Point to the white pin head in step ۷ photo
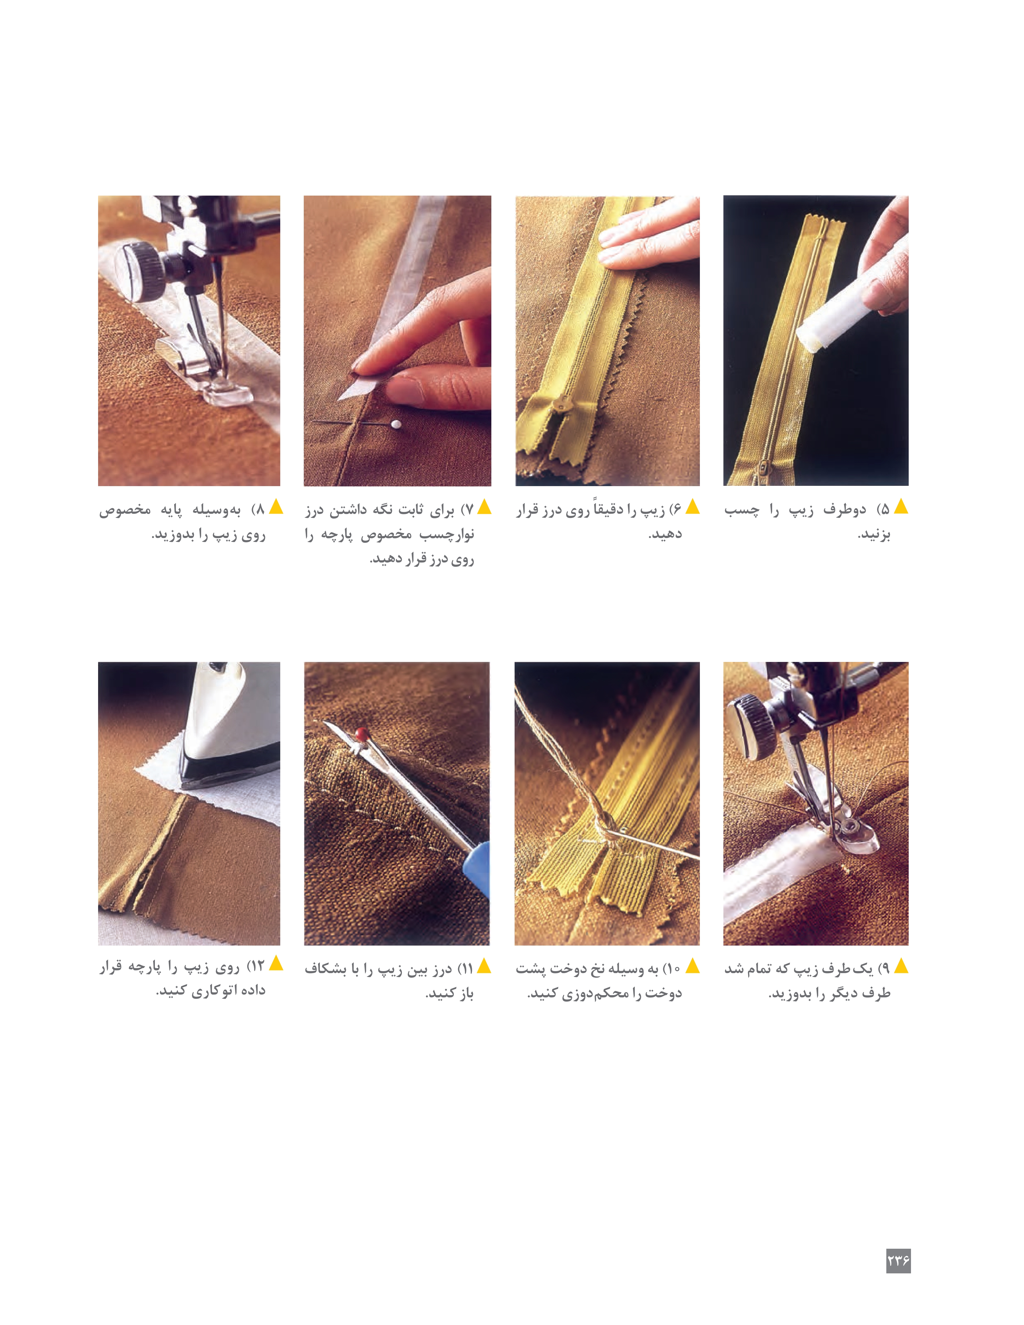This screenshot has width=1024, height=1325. (396, 424)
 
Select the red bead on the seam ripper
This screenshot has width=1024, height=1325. (361, 734)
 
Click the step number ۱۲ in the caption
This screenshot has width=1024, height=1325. (256, 967)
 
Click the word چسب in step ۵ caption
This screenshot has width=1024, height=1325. (741, 510)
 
